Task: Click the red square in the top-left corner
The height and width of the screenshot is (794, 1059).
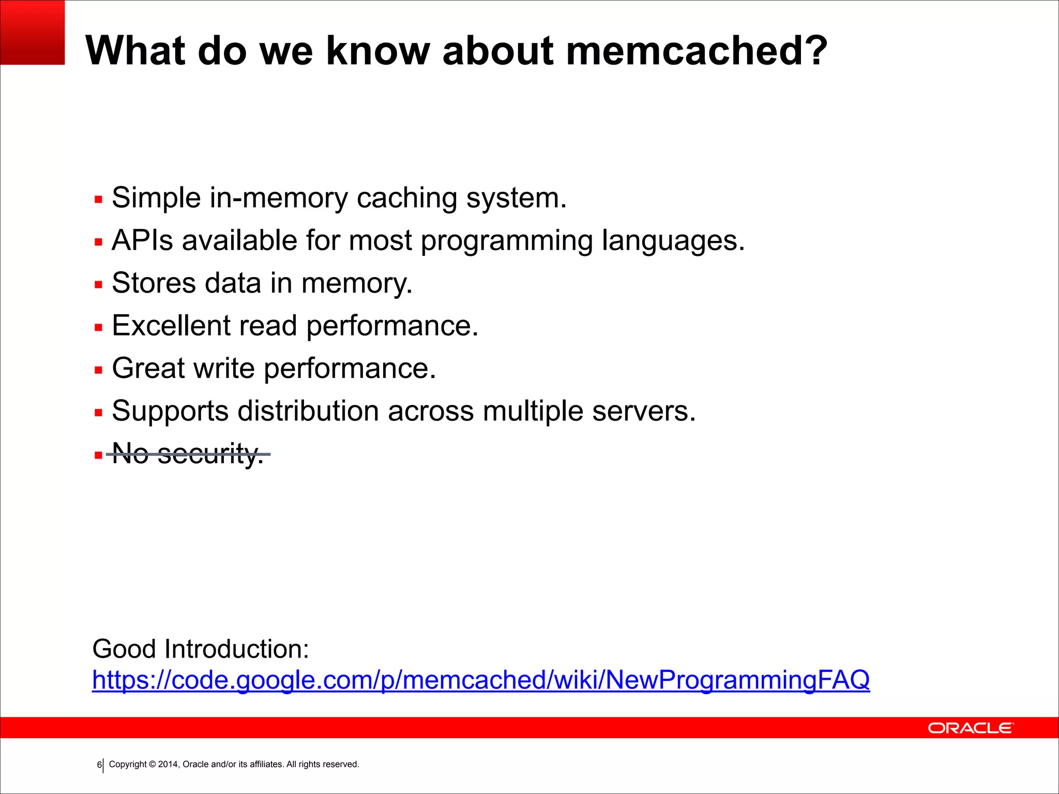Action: point(32,32)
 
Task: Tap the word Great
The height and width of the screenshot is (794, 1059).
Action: point(148,368)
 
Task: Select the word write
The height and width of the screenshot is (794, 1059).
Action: point(224,368)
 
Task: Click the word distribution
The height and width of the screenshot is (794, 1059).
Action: point(308,411)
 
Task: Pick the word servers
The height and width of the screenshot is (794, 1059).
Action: point(643,411)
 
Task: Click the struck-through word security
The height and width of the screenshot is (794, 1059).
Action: point(210,454)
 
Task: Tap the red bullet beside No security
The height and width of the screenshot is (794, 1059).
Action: point(99,455)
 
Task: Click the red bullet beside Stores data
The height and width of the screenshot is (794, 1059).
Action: point(99,284)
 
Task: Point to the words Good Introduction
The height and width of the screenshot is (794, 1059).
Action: point(201,649)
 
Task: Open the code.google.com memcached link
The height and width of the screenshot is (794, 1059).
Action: point(481,680)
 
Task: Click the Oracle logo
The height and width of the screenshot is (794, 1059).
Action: point(971,728)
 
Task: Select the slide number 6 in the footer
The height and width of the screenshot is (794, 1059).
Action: point(99,765)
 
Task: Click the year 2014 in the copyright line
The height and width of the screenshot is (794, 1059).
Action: point(168,765)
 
